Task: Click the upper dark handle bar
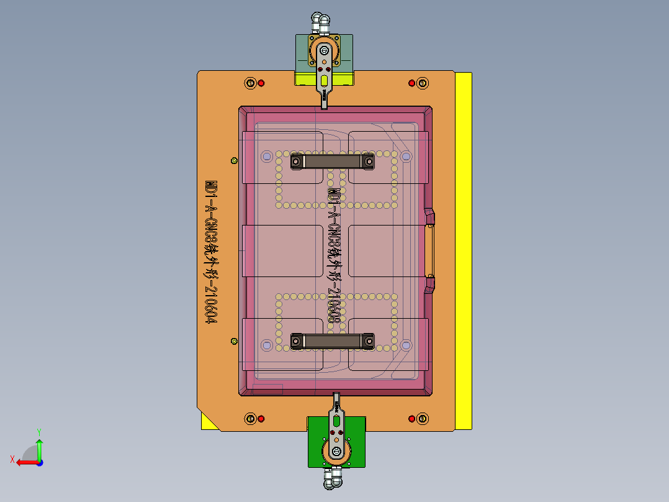point(333,162)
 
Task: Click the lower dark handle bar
point(333,340)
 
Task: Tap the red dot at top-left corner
point(261,83)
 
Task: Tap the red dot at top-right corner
point(411,83)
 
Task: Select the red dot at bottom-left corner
point(261,419)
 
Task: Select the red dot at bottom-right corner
point(411,419)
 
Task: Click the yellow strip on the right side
point(463,249)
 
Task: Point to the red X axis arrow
point(24,462)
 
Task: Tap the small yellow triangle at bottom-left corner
point(208,424)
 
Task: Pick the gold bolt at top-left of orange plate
point(250,83)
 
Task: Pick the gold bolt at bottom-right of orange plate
point(422,419)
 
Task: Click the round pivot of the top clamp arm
point(323,50)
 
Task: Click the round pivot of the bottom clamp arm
point(336,451)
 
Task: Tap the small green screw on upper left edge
point(234,160)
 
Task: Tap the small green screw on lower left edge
point(234,341)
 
